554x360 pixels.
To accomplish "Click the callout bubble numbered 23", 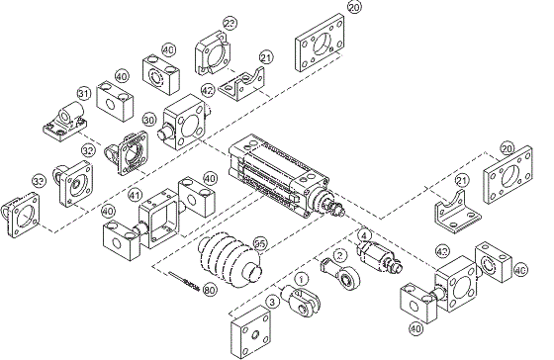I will tap(230, 23).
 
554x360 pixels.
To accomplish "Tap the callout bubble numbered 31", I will tap(83, 94).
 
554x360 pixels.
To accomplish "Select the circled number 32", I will tap(88, 151).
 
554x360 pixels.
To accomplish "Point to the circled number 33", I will tap(39, 182).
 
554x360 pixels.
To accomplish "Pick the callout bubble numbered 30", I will tap(150, 119).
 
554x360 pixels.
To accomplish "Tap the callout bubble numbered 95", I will tap(260, 242).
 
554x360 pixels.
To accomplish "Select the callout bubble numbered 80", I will tap(209, 290).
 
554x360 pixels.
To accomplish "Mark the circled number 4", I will tap(364, 235).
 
